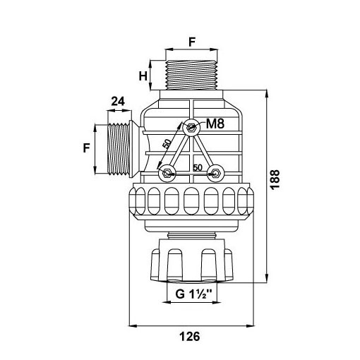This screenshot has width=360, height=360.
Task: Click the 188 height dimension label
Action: click(275, 179)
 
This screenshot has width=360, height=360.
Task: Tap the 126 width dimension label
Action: click(190, 336)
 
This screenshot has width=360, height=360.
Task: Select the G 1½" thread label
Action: click(193, 294)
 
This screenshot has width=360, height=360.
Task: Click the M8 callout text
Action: click(215, 124)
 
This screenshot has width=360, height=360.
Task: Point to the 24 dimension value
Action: click(118, 102)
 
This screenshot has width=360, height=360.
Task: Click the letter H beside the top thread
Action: click(143, 76)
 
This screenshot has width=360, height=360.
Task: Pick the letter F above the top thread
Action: click(192, 42)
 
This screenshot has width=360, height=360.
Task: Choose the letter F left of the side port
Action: click(87, 148)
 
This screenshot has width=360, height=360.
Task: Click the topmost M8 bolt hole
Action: click(191, 128)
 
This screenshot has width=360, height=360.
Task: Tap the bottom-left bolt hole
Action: click(167, 174)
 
